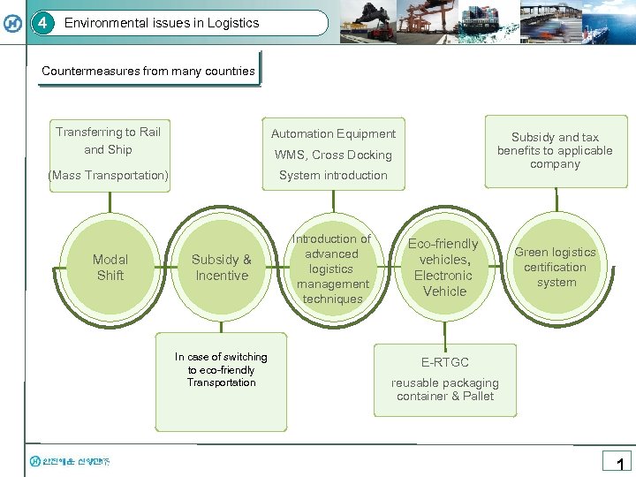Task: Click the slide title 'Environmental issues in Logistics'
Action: [x=162, y=23]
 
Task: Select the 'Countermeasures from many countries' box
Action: [x=148, y=71]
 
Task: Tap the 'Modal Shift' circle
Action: [x=110, y=268]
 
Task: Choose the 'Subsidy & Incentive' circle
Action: [x=222, y=268]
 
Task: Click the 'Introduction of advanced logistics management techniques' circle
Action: [x=332, y=269]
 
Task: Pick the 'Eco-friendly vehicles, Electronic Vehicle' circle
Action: [x=443, y=268]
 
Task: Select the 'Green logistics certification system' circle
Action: [x=555, y=267]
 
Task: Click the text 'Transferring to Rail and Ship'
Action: [x=109, y=140]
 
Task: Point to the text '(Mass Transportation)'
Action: [x=109, y=175]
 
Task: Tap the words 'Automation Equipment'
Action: [x=333, y=133]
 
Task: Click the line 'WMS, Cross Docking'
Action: [x=333, y=155]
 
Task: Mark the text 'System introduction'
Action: [x=333, y=175]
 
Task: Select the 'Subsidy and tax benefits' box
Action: [x=555, y=150]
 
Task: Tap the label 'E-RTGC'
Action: [x=445, y=362]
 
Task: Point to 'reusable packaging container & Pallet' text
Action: [x=445, y=390]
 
